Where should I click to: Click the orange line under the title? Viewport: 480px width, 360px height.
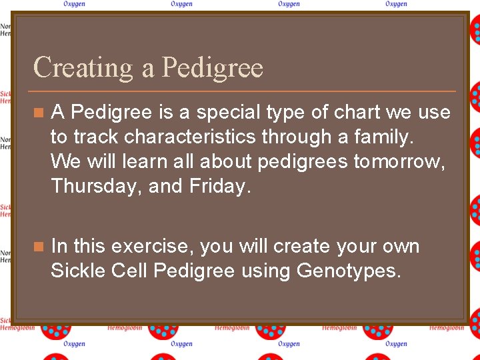coord(244,91)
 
